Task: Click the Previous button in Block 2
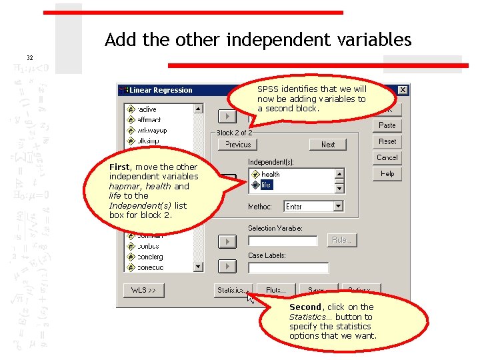coord(238,145)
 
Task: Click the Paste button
coord(387,125)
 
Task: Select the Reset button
coord(387,141)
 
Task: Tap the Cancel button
coord(387,157)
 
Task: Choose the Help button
coord(387,173)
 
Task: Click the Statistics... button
coord(231,290)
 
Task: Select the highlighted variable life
coord(266,185)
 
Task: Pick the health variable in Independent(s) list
coord(271,175)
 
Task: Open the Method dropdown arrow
coord(338,207)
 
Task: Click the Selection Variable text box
coord(283,240)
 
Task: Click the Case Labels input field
coord(288,267)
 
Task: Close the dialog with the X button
coord(403,90)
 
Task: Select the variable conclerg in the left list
coord(150,257)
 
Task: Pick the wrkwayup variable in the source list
coord(152,131)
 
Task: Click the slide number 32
coord(29,58)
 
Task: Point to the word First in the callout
coord(120,167)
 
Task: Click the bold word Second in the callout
coord(305,307)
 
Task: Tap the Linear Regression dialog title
coord(161,90)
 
